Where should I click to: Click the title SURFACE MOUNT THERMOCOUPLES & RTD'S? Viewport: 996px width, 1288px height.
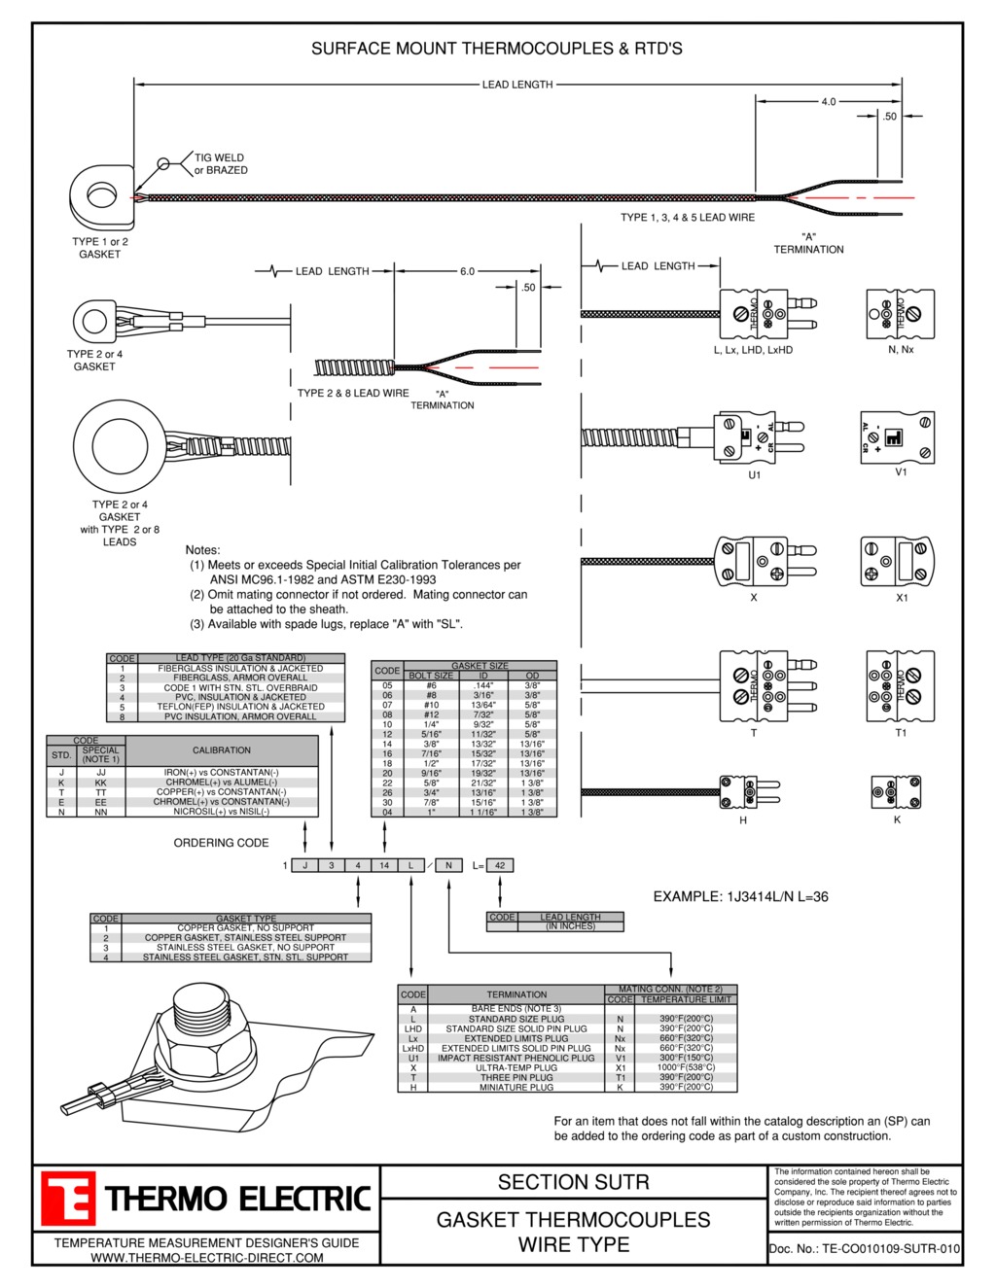tap(496, 48)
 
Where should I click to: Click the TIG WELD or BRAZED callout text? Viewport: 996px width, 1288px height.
tap(221, 163)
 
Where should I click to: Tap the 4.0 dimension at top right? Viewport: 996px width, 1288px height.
tap(828, 101)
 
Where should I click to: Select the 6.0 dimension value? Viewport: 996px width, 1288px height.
tap(467, 271)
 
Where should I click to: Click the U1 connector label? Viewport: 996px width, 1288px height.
tap(754, 475)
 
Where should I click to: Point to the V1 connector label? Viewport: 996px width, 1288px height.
tap(901, 472)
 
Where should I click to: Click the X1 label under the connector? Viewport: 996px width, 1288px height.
tap(902, 598)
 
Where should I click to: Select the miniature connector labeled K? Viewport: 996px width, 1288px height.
tap(896, 791)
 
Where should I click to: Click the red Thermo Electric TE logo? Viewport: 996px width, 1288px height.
tap(68, 1198)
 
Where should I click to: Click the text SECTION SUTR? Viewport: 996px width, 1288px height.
tap(573, 1182)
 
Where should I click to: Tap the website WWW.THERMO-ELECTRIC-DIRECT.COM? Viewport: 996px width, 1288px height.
tap(206, 1258)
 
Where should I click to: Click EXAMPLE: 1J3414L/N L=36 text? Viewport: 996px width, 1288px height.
tap(740, 896)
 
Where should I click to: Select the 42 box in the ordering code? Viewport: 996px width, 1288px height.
tap(500, 865)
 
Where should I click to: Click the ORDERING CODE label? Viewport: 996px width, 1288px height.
tap(221, 843)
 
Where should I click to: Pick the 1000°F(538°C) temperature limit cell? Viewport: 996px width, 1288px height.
tap(686, 1067)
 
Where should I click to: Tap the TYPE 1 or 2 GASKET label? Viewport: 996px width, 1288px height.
tap(99, 248)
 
